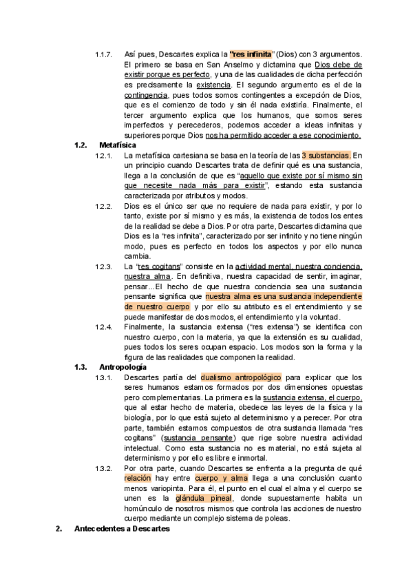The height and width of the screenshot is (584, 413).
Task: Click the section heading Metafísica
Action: click(118, 145)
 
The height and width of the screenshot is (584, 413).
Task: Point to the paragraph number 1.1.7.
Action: click(104, 54)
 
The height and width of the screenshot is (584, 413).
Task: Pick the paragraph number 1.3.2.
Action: click(104, 468)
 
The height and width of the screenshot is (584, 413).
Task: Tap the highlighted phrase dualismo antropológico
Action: click(241, 377)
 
